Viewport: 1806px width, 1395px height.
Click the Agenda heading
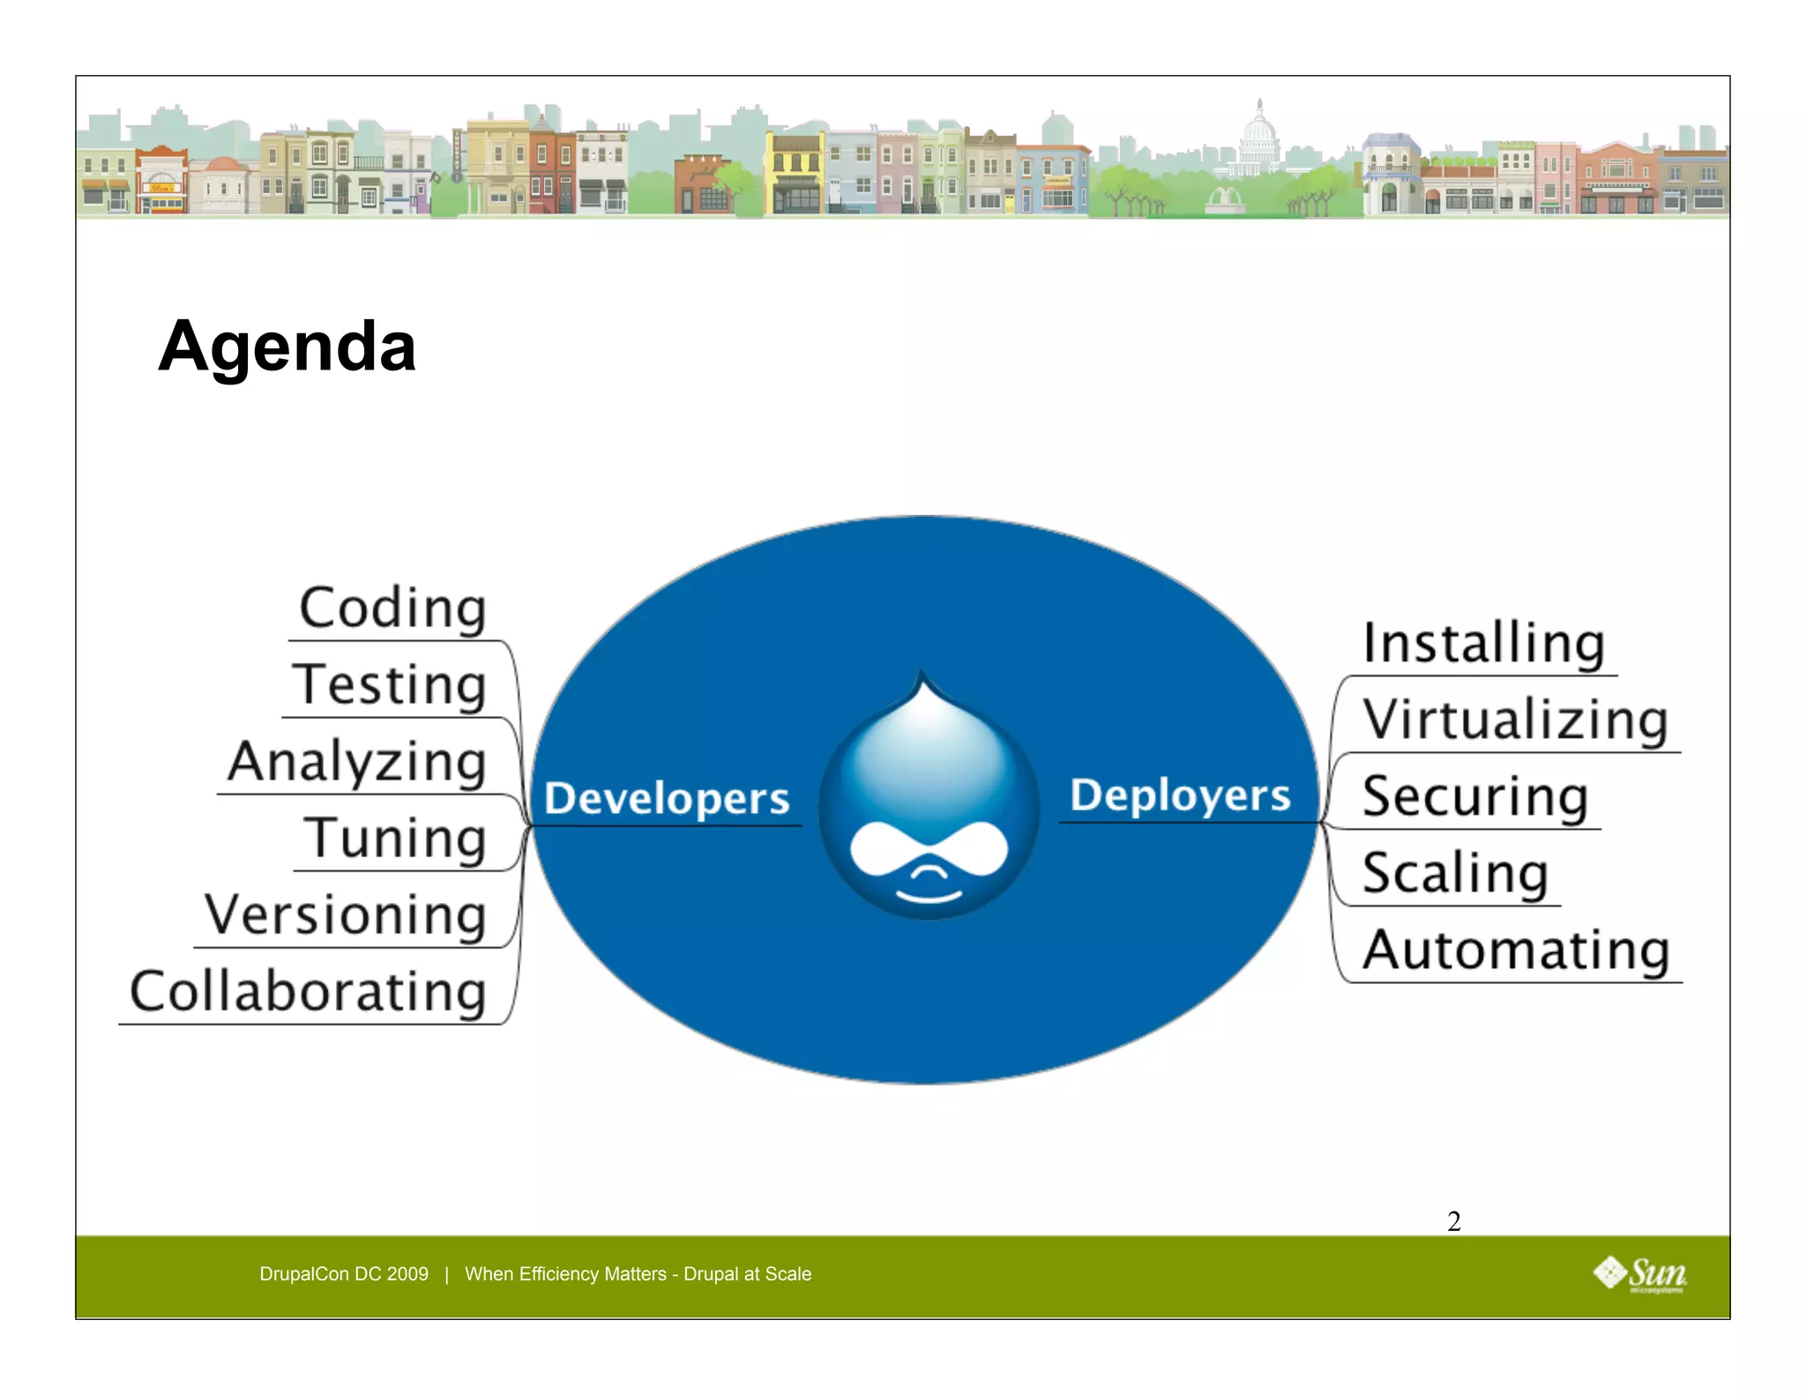[287, 347]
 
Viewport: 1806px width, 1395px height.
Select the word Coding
[392, 608]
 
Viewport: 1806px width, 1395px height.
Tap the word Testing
[389, 684]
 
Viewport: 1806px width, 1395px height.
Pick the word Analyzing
[356, 762]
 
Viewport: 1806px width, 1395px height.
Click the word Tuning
[394, 838]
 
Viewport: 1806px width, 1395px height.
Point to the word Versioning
[345, 914]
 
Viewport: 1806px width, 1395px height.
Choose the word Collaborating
[308, 991]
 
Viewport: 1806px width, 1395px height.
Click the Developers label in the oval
[666, 797]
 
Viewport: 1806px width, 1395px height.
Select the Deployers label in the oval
[1179, 794]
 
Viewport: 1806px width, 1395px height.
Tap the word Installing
[1483, 643]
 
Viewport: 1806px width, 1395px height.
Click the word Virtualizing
[1515, 720]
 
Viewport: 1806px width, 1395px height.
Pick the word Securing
[1474, 796]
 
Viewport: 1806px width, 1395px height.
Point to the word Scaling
[1455, 873]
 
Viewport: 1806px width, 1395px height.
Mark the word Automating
[1516, 950]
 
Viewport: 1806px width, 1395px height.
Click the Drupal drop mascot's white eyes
[929, 848]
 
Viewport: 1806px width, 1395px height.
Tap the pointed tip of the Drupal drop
[922, 676]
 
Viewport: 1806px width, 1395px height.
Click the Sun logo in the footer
[1640, 1273]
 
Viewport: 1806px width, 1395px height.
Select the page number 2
[1454, 1221]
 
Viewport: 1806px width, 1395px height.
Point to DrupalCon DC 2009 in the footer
[344, 1273]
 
